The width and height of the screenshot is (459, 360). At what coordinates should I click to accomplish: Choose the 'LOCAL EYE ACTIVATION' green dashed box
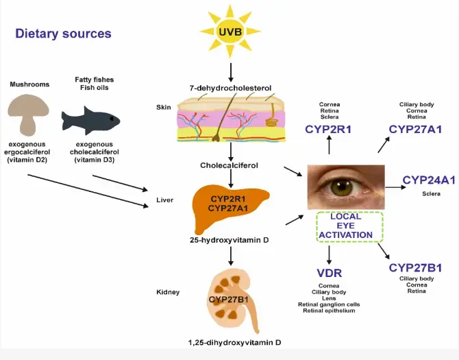(349, 228)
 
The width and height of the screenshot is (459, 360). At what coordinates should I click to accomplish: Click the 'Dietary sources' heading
(63, 33)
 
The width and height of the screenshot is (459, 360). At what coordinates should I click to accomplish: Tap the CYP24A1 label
(428, 180)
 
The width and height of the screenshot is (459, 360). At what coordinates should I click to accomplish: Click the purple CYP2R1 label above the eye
(329, 129)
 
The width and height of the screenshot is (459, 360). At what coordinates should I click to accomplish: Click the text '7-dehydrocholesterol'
(232, 88)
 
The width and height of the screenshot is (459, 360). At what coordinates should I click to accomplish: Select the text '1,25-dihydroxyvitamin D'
(232, 341)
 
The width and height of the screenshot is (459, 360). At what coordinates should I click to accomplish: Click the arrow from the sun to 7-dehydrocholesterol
(231, 71)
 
